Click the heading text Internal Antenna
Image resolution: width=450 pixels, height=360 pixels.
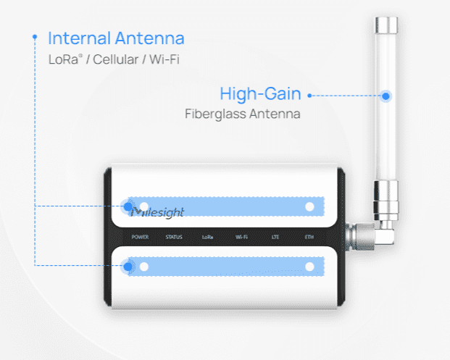pos(116,38)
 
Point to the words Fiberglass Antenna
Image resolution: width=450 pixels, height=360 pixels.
pos(243,114)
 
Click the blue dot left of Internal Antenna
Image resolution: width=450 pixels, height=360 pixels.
pos(35,35)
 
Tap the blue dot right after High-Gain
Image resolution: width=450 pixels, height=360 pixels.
pos(309,95)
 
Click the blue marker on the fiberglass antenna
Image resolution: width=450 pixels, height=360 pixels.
pos(386,95)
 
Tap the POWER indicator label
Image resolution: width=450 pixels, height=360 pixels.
pos(141,237)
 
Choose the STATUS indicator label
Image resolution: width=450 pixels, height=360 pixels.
pos(174,237)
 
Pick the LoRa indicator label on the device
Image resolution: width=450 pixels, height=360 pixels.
pos(208,237)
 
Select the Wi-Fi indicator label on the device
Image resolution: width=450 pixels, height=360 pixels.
pos(242,237)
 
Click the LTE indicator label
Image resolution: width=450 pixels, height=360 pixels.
pos(275,237)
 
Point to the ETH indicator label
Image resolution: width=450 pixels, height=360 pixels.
pos(309,237)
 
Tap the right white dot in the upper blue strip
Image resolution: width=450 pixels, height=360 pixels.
pos(310,207)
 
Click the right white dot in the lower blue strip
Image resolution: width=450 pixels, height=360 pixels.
pos(310,267)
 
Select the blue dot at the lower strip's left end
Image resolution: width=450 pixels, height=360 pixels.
pos(128,267)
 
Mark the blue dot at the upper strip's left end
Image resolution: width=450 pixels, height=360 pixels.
pos(128,206)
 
